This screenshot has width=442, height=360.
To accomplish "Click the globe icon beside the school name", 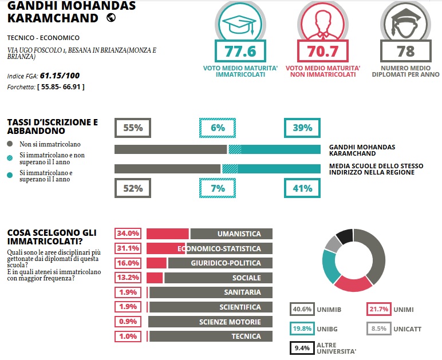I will (x=111, y=18).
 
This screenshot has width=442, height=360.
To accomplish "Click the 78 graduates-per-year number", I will (x=405, y=52).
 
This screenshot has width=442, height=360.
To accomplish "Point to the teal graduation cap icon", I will (x=240, y=22).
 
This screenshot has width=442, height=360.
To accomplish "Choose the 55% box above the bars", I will (x=133, y=128).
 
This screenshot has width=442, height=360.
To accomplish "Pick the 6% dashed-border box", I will (x=218, y=128).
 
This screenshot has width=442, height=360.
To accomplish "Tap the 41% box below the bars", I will (x=302, y=188).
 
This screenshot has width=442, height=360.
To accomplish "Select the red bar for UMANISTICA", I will (x=167, y=234).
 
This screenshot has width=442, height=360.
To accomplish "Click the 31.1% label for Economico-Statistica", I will (x=128, y=248).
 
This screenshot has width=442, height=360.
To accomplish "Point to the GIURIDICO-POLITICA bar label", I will (x=226, y=263).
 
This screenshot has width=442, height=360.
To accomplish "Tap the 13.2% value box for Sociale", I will (x=128, y=278).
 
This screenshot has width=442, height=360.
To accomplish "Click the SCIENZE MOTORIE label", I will (x=230, y=322).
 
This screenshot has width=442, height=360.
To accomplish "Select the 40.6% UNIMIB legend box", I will (x=302, y=310).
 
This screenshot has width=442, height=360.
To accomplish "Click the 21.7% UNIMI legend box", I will (x=378, y=310).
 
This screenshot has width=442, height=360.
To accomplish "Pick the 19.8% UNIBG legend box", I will (x=302, y=329).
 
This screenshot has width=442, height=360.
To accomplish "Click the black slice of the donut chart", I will (x=344, y=235).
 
